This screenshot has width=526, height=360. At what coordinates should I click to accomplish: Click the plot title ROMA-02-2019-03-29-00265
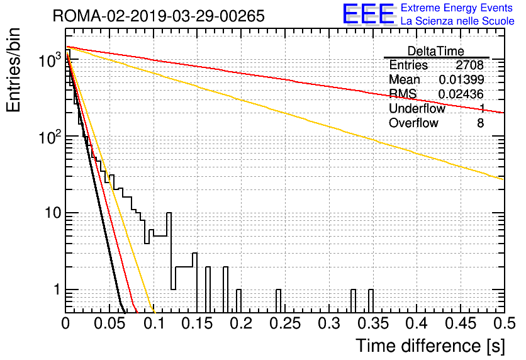tap(159, 16)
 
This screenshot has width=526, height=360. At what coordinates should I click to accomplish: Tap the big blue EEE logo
tap(369, 14)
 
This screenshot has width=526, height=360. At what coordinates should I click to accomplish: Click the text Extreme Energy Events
tap(457, 8)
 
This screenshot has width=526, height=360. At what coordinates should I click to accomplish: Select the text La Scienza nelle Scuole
tap(457, 21)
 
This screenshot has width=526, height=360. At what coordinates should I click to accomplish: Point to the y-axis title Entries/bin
tap(13, 70)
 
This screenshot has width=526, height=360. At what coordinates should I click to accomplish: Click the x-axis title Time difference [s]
tap(430, 346)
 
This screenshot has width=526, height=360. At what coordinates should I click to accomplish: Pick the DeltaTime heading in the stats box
tap(435, 51)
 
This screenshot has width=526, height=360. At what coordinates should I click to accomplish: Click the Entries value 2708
tap(469, 65)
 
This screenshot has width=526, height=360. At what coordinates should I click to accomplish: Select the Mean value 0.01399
tap(462, 79)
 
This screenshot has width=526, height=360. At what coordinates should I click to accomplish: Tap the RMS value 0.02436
tap(461, 94)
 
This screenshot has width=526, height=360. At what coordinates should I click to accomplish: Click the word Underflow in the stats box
tap(417, 108)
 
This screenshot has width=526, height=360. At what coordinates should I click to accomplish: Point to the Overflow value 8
tap(480, 123)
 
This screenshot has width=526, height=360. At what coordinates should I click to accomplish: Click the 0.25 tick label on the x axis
tap(285, 323)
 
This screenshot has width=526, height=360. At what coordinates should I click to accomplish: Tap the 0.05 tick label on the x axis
tap(109, 323)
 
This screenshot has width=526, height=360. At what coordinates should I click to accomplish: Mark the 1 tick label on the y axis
tap(57, 290)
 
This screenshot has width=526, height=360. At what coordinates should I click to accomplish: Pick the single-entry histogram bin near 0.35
tap(371, 301)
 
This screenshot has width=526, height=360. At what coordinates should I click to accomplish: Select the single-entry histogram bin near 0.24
tap(278, 301)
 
